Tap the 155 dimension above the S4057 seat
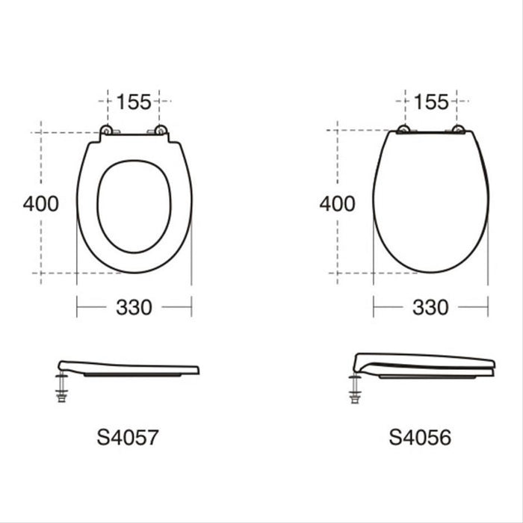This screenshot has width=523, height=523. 134,101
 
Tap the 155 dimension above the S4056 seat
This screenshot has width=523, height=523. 431,101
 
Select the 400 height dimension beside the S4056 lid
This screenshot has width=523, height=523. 338,203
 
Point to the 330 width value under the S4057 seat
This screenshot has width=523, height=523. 134,306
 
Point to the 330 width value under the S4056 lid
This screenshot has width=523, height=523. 431,306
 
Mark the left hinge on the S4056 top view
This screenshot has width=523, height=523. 404,130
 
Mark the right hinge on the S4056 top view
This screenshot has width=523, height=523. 457,130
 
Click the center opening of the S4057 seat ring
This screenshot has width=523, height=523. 134,205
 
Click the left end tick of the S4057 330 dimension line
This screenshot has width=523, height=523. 77,306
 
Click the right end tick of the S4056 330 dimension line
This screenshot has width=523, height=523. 488,306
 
